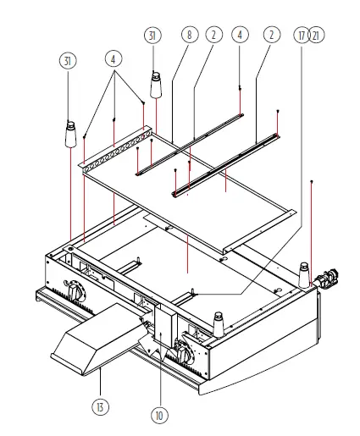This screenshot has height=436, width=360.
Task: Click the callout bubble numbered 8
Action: (187, 35)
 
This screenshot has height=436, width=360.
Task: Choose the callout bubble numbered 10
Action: (159, 416)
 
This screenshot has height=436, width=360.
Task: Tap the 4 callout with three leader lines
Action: (114, 61)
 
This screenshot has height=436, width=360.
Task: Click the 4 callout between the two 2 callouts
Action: (241, 35)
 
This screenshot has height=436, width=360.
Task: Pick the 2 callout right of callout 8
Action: (213, 35)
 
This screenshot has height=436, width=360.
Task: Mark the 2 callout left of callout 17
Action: (270, 35)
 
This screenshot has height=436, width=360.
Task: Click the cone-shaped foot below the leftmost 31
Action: (69, 135)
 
